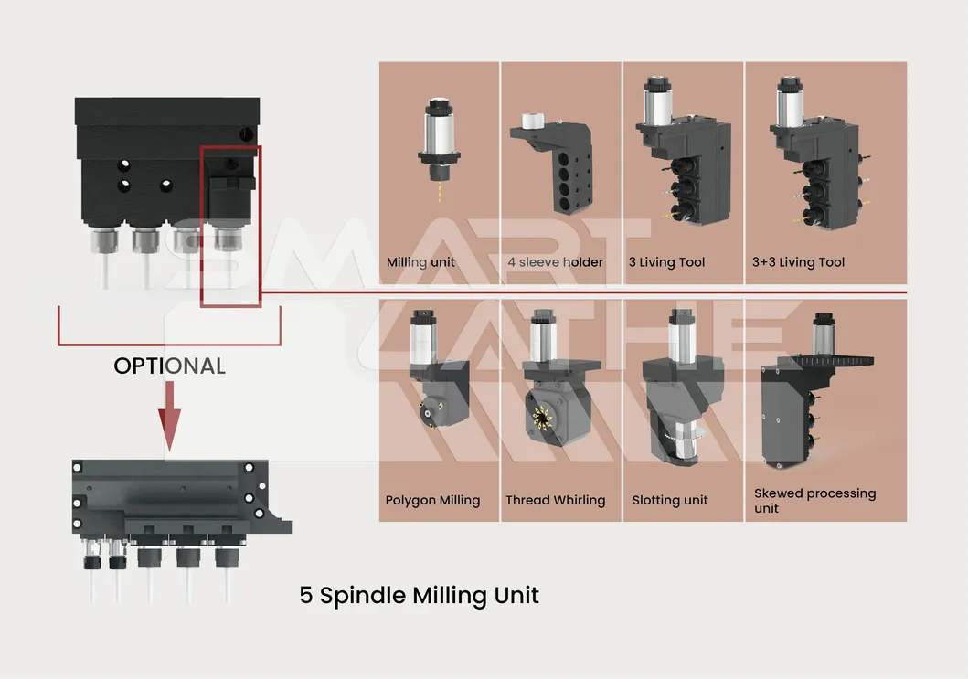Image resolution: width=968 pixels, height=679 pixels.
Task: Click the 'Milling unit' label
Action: pyautogui.click(x=420, y=262)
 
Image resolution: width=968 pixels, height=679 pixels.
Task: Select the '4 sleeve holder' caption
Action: pyautogui.click(x=556, y=262)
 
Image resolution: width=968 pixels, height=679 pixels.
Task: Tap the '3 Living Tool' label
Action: pyautogui.click(x=666, y=262)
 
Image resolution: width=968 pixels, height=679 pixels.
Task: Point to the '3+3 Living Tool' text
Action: pyautogui.click(x=798, y=262)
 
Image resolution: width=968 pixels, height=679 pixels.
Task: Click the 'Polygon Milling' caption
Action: pyautogui.click(x=432, y=500)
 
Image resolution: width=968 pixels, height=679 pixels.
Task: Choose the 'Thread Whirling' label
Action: pyautogui.click(x=556, y=500)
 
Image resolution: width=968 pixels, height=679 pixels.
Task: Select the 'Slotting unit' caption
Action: pyautogui.click(x=670, y=500)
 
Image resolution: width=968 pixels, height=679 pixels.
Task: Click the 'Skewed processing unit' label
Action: pyautogui.click(x=814, y=500)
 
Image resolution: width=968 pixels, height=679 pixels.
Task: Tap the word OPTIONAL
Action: pyautogui.click(x=169, y=366)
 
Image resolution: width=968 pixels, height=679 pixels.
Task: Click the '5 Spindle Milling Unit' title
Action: pyautogui.click(x=419, y=596)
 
